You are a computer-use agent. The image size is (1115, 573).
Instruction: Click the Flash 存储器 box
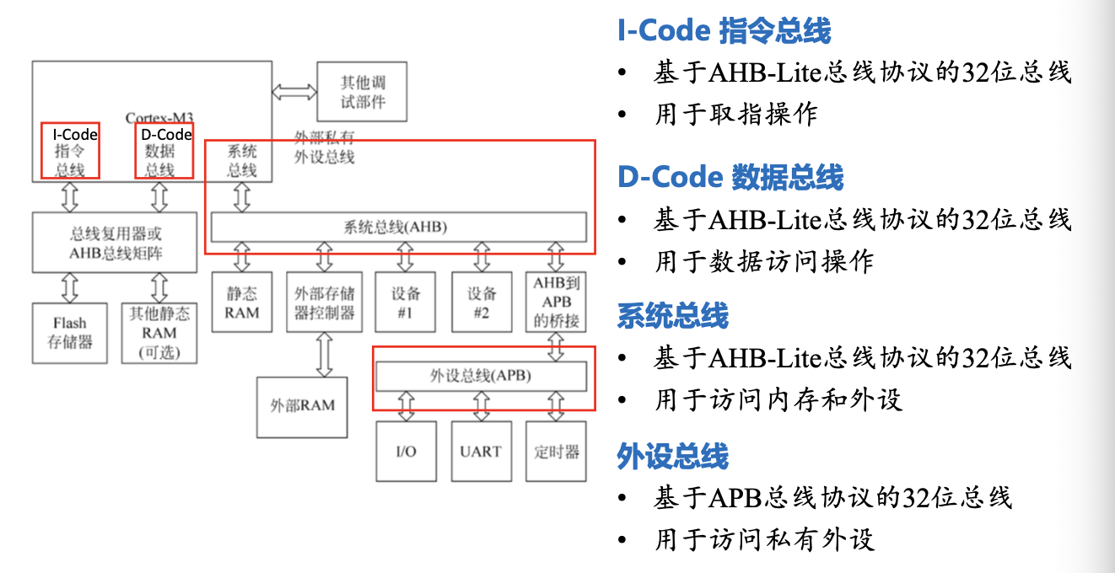click(70, 333)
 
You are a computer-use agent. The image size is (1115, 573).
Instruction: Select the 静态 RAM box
click(242, 303)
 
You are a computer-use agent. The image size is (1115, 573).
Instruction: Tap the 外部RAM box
click(303, 405)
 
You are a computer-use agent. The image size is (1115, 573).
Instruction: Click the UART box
click(481, 452)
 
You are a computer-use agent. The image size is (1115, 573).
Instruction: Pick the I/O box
click(406, 452)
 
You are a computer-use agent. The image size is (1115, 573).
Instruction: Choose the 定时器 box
click(557, 452)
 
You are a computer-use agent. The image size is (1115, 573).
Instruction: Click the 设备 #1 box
click(407, 303)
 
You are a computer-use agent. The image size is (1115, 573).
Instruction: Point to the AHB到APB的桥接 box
click(557, 303)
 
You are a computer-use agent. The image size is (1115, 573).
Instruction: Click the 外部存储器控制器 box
click(325, 303)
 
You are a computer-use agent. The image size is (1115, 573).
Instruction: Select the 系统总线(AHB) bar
click(397, 227)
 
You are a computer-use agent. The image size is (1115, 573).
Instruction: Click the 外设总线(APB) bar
click(480, 376)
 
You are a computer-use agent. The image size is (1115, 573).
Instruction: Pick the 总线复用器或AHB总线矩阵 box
click(116, 242)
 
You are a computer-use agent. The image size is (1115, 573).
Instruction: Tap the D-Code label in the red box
click(166, 135)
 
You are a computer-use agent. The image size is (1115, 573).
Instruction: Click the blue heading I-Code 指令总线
click(724, 32)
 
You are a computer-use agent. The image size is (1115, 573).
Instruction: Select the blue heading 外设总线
click(672, 456)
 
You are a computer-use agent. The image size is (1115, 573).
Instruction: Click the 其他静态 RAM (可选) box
click(159, 333)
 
